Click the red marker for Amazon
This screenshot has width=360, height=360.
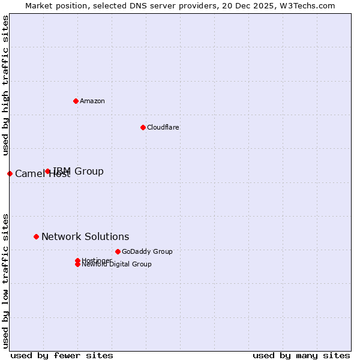[76, 101]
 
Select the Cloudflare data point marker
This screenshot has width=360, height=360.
[143, 127]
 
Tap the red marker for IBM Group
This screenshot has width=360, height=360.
[48, 172]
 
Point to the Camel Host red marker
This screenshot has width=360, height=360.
[10, 173]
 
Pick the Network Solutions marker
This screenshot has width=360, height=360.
[36, 236]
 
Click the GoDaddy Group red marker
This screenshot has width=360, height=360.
[118, 251]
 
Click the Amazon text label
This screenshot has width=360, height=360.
[92, 101]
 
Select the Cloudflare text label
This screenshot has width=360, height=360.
[163, 127]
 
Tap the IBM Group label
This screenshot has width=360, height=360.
[79, 172]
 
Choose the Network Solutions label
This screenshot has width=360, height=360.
[85, 236]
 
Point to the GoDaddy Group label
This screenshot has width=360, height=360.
[147, 251]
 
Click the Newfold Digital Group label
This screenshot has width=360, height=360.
[117, 264]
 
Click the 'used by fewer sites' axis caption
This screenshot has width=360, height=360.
[62, 355]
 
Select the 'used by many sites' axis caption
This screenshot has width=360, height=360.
[301, 355]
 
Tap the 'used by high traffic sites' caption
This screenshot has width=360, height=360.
[6, 85]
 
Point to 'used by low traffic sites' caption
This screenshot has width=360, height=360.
[6, 280]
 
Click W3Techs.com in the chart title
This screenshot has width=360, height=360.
[308, 5]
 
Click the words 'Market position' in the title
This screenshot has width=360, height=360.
[54, 5]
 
